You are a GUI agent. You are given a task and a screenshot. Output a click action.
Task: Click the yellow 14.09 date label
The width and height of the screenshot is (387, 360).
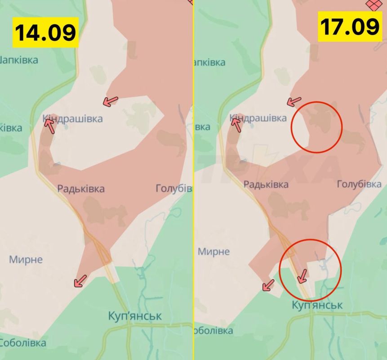(44, 32)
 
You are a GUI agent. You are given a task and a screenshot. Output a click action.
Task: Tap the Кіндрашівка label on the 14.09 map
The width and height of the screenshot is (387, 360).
(73, 119)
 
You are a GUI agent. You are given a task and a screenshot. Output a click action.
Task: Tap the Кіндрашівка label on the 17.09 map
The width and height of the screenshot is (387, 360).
(258, 118)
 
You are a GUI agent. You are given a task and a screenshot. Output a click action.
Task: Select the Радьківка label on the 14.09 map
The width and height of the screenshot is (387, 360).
(81, 189)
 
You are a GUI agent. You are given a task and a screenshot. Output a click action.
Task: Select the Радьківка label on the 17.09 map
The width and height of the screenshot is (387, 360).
(266, 184)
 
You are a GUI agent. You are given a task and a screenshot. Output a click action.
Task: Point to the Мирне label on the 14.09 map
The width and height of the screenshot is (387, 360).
(26, 260)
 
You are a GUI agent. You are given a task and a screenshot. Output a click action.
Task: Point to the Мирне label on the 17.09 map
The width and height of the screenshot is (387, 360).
(214, 252)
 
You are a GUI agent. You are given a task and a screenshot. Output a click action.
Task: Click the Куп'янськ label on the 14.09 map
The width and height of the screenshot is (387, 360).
(135, 316)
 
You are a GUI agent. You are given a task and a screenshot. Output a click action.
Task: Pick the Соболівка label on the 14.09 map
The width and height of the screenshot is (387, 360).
(22, 343)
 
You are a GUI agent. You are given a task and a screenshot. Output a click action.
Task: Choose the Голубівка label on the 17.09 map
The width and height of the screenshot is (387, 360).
(359, 184)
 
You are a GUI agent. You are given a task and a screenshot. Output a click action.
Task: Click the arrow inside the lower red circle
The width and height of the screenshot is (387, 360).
(302, 276)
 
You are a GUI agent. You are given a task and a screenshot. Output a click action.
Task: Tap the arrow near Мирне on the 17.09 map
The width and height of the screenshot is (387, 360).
(269, 284)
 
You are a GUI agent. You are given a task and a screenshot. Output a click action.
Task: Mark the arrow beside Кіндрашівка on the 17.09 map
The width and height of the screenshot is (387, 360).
(236, 125)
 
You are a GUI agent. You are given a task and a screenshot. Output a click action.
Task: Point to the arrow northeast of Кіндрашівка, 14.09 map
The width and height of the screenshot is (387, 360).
(110, 101)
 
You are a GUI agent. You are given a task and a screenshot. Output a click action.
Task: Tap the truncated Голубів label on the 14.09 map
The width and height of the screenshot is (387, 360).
(173, 188)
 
